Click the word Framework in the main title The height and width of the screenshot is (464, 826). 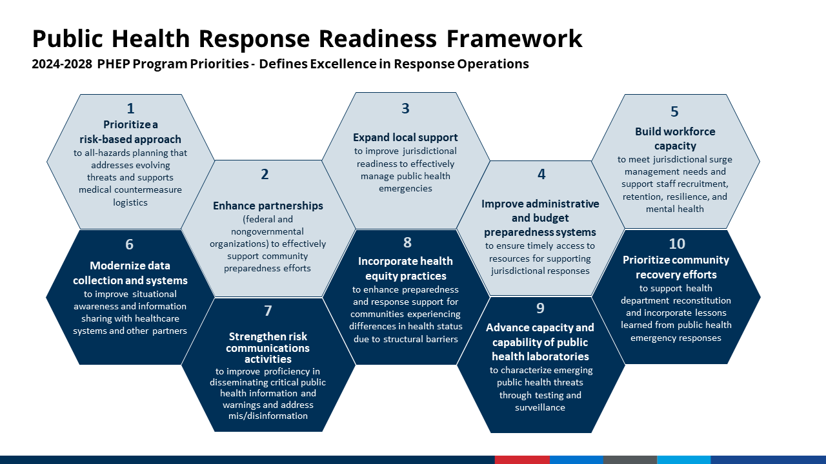pos(514,39)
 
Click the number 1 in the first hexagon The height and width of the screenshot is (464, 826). pos(130,109)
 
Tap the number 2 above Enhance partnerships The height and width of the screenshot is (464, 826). pos(265,175)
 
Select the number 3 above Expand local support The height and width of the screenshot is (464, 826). pos(405,109)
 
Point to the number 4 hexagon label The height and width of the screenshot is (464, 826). pos(541,175)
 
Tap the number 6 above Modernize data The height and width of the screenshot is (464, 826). pos(130,245)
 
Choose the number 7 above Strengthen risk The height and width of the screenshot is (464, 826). pos(268,311)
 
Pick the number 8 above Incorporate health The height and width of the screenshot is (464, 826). pos(407,243)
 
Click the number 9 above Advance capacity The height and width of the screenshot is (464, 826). pos(541,308)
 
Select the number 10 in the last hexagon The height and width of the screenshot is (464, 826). pos(677,244)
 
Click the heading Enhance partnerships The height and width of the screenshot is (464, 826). pos(268,206)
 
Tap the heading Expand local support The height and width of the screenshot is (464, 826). pos(405,138)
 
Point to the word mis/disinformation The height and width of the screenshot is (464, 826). pos(268,416)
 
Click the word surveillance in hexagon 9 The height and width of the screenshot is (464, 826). pos(540,407)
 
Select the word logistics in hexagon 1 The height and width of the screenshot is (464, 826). pos(130,202)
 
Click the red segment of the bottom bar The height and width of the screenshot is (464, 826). pos(522,459)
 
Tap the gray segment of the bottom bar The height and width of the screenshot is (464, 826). pos(630,459)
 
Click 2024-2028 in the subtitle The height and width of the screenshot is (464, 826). pos(62,64)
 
